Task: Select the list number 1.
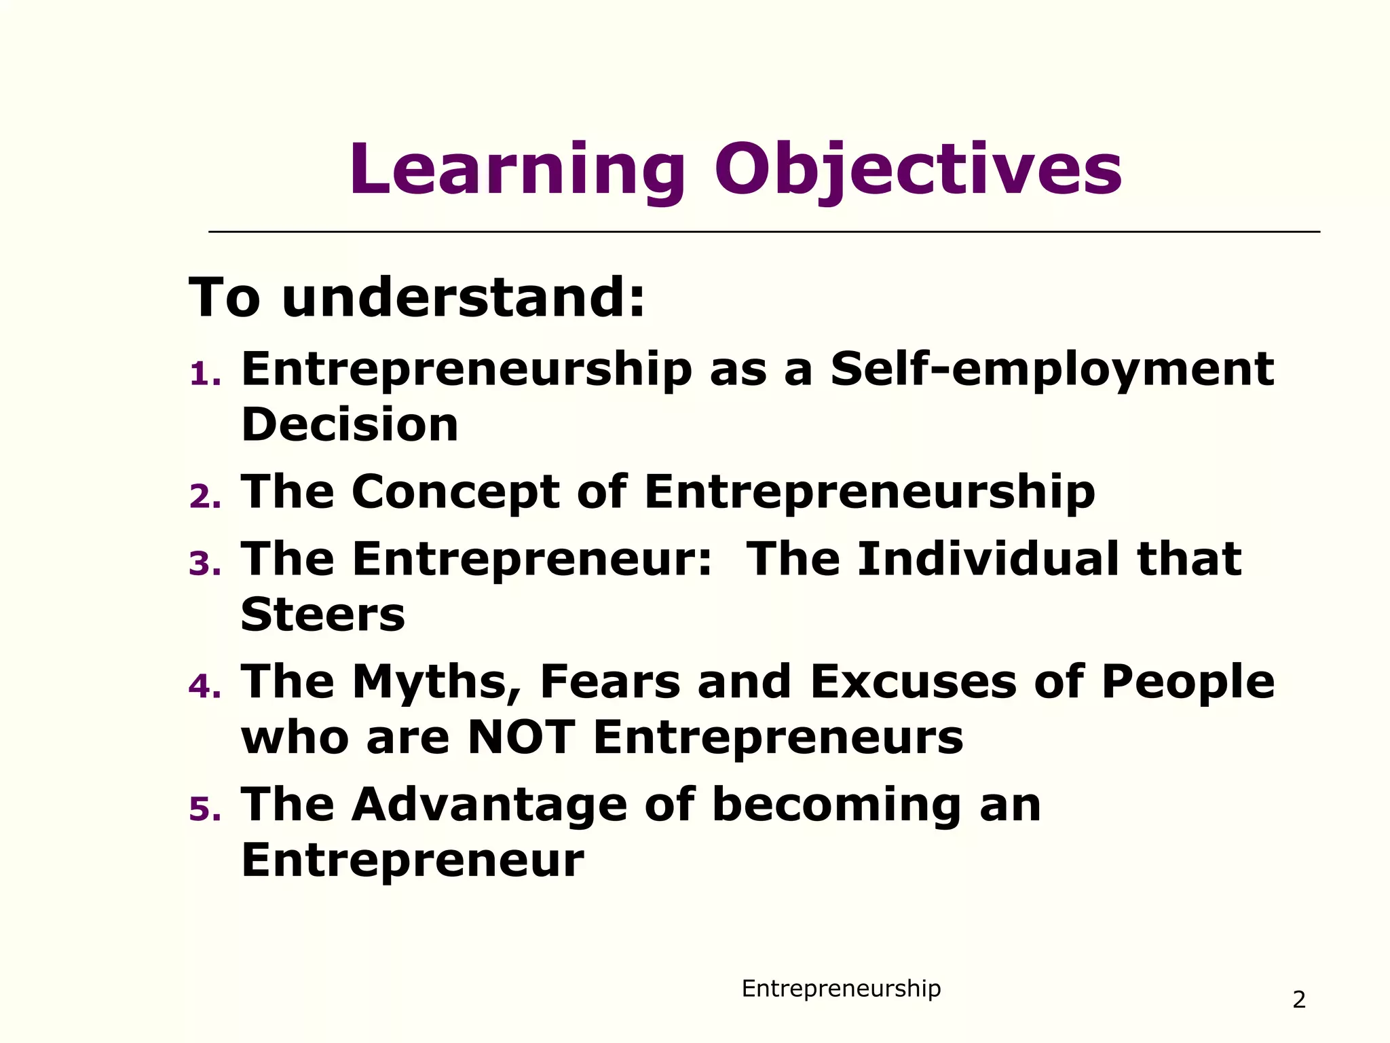(205, 375)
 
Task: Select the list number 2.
(205, 497)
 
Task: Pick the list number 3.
(205, 564)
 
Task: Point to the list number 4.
(205, 687)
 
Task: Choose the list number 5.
(205, 809)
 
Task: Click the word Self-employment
(1052, 370)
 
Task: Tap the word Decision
(350, 425)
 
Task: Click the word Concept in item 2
(455, 492)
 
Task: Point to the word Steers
(323, 615)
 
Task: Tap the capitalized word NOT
(521, 737)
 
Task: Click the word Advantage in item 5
(489, 805)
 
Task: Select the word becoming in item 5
(837, 806)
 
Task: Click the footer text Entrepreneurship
(841, 989)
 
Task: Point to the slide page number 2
(1299, 1000)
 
